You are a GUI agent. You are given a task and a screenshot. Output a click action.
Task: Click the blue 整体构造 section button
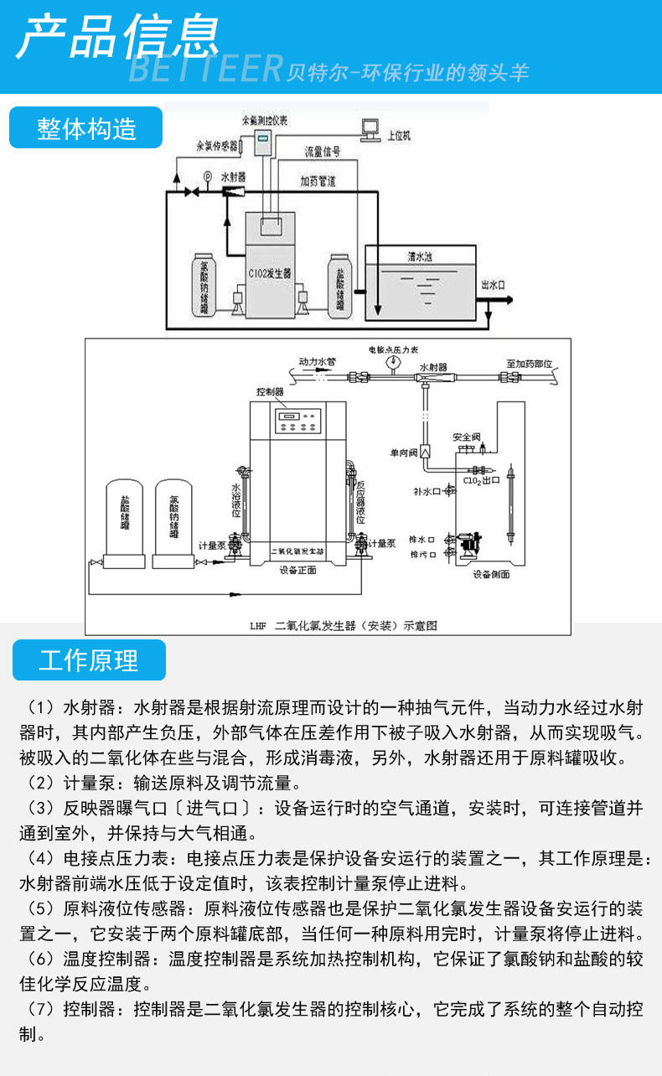pyautogui.click(x=85, y=128)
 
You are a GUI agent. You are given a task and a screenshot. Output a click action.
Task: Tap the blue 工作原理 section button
pyautogui.click(x=89, y=660)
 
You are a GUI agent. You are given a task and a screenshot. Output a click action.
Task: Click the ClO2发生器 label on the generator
pyautogui.click(x=270, y=273)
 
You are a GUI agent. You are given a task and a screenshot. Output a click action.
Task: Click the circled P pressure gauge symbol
pyautogui.click(x=208, y=175)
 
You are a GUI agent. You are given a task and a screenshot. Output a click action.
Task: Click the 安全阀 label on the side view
pyautogui.click(x=466, y=437)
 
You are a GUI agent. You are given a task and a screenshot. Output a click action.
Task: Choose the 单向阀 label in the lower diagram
pyautogui.click(x=403, y=453)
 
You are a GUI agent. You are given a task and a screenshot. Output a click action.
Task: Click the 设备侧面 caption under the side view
pyautogui.click(x=490, y=575)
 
